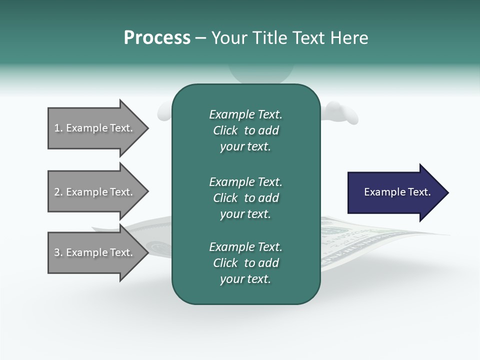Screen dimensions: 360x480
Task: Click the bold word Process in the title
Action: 157,38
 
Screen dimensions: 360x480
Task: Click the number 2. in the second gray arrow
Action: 58,192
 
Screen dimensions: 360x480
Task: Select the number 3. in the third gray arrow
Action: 58,252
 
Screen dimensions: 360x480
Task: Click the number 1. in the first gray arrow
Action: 58,128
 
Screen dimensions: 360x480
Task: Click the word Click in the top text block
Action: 225,131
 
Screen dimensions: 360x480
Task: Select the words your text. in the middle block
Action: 245,214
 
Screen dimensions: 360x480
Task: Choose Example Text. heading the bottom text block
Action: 245,247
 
